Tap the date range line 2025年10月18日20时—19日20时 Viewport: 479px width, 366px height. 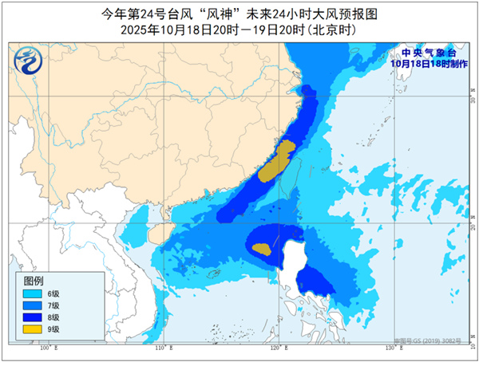pos(239,30)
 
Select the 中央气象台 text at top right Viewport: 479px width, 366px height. pos(428,53)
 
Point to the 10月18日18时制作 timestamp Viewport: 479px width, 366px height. pos(428,64)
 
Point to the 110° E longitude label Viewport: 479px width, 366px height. pos(161,349)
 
